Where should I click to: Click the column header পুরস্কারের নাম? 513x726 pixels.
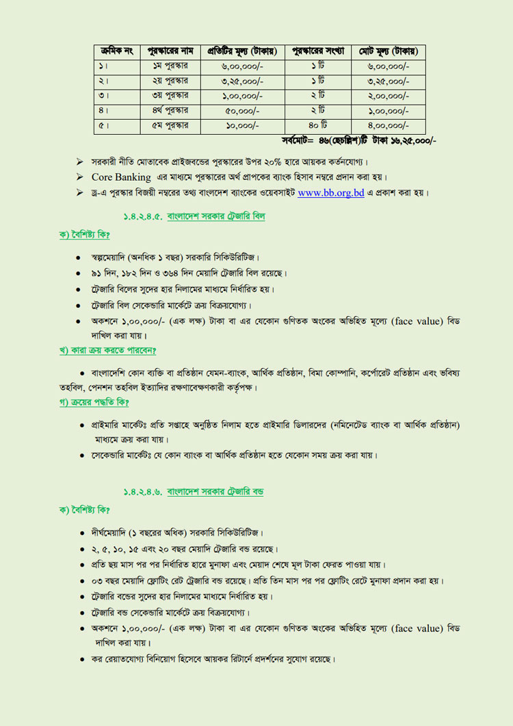click(170, 51)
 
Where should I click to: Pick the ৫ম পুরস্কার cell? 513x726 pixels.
click(170, 126)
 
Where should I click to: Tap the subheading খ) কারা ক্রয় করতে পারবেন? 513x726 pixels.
click(107, 352)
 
